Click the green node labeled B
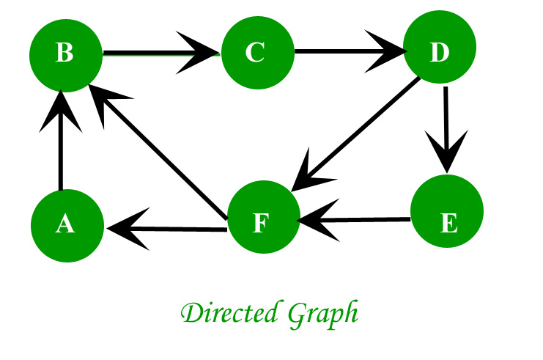click(x=64, y=54)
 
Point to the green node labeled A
click(x=65, y=224)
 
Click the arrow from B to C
click(x=154, y=53)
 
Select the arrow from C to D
click(x=344, y=52)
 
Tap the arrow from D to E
click(x=445, y=125)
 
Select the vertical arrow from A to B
click(x=61, y=147)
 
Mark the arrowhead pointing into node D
click(x=388, y=52)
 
